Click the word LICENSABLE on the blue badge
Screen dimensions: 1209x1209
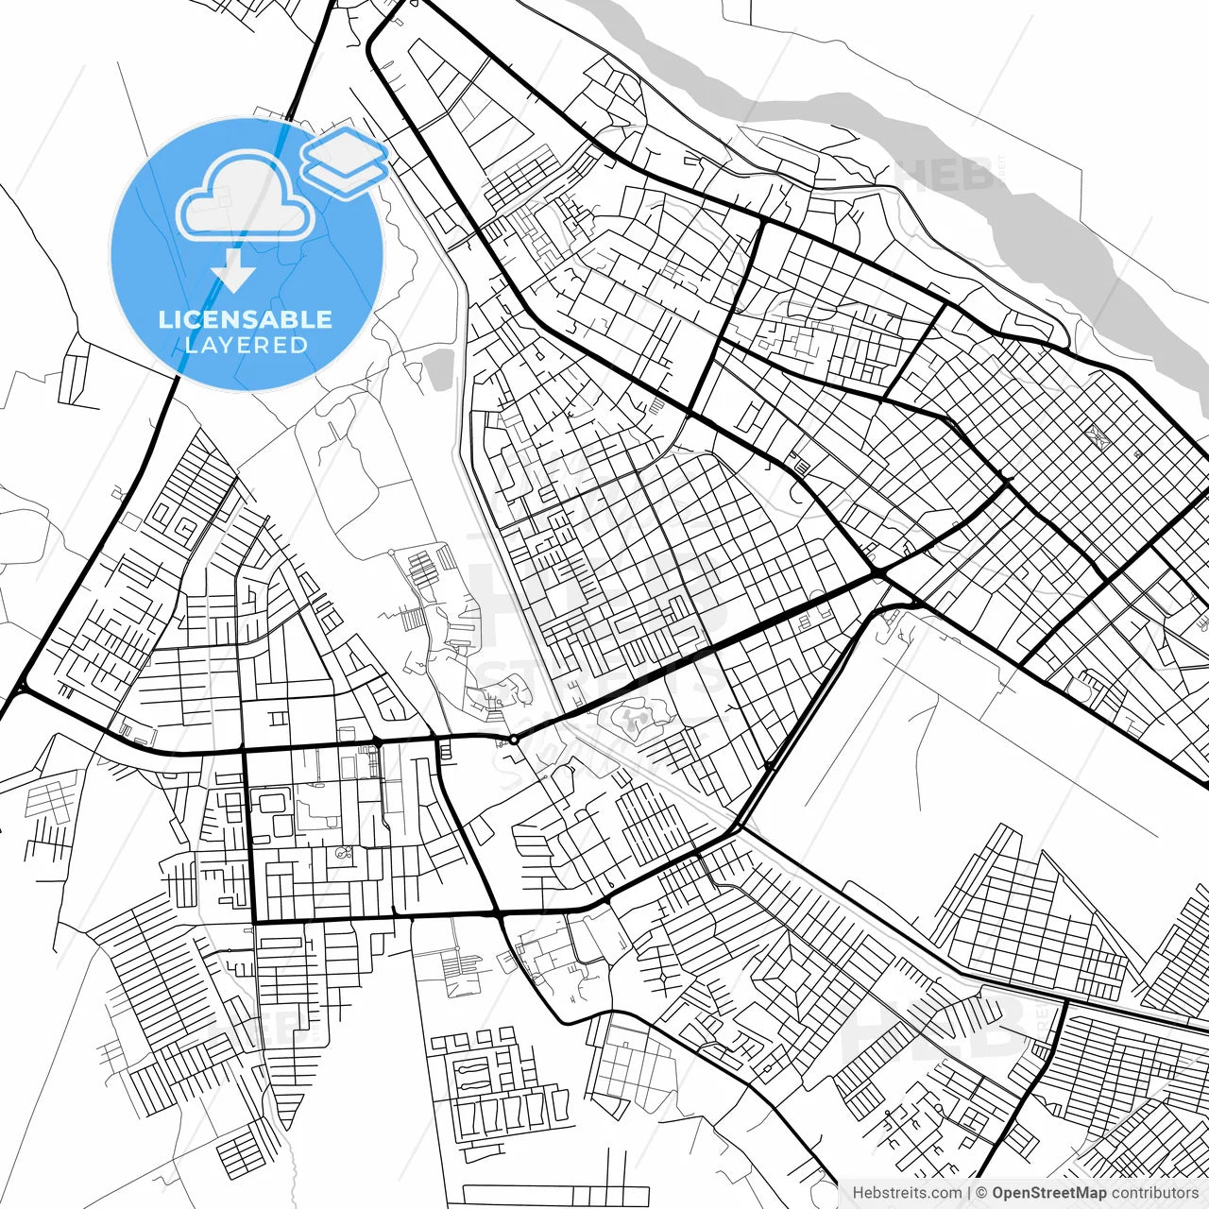pos(246,319)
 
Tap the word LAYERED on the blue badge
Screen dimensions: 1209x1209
pos(247,345)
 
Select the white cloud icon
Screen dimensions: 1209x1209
pos(246,198)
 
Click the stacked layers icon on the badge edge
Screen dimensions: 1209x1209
pos(345,162)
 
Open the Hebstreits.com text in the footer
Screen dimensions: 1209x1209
pos(907,1193)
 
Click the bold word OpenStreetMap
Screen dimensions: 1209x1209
pos(1048,1193)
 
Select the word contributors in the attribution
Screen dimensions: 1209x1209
pos(1154,1193)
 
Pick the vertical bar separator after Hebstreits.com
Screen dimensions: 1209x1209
pos(969,1193)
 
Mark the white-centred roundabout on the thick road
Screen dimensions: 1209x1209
pos(513,740)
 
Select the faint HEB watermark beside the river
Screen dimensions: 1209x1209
pos(945,175)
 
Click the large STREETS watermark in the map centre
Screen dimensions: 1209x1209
pos(604,675)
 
